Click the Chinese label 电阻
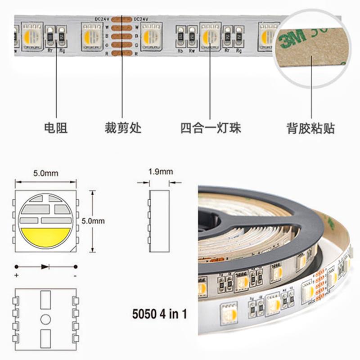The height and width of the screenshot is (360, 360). [x=56, y=128]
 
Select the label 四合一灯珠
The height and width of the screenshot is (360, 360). [x=211, y=128]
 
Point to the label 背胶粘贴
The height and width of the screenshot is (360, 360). [x=311, y=128]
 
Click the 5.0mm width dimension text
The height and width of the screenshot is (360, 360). [x=45, y=173]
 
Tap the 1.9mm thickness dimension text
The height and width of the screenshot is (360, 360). [x=160, y=171]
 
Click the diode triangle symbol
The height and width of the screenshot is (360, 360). [x=45, y=266]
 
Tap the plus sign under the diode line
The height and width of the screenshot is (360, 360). [x=17, y=275]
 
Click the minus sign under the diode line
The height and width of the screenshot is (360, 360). [x=75, y=275]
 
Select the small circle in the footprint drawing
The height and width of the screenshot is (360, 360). [x=45, y=319]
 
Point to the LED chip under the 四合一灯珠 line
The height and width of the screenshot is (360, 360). [x=210, y=36]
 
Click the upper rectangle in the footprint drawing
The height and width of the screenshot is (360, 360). [x=45, y=300]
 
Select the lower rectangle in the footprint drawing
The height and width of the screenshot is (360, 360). [x=45, y=338]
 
